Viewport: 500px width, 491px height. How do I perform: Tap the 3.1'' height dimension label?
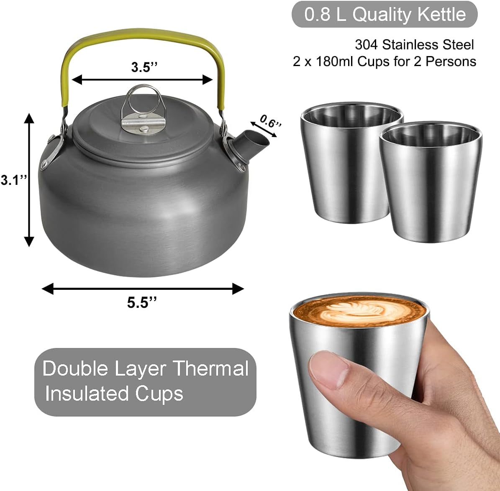[x=13, y=180]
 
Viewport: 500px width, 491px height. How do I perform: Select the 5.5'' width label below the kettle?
[x=142, y=302]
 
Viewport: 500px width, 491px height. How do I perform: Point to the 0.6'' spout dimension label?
[x=270, y=122]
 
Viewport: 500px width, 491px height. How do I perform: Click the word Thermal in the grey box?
[x=211, y=368]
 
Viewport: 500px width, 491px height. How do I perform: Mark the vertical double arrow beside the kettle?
[x=29, y=180]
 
